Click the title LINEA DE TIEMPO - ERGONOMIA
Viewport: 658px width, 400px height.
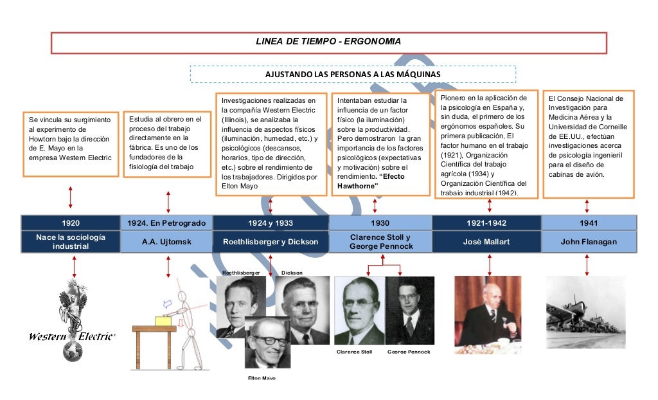pos(328,42)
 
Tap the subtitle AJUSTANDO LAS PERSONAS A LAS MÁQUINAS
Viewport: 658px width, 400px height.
pos(353,75)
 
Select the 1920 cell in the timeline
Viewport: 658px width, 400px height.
pos(71,223)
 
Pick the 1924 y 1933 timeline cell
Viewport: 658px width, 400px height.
pos(271,223)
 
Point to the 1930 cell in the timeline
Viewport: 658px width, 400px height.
pos(380,223)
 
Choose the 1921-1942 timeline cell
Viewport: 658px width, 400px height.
pos(486,223)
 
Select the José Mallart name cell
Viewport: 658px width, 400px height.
pos(486,242)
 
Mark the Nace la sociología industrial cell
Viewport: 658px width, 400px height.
pos(71,242)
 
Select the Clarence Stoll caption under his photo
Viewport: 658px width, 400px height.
pos(354,352)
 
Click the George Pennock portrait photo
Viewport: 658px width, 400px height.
pos(409,311)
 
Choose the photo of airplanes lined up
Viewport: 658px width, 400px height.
pos(585,313)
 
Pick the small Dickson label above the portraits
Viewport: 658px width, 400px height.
pos(291,273)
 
